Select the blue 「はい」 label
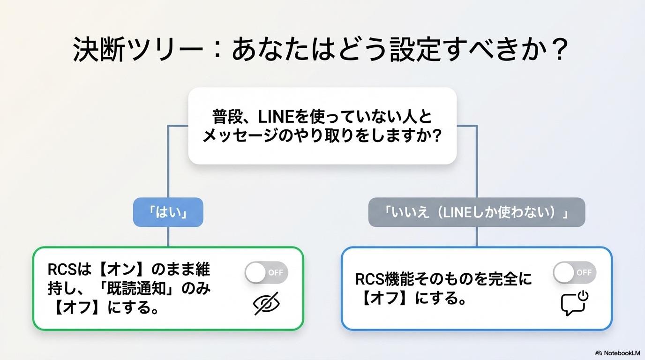pos(168,212)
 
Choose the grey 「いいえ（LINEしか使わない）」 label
pos(476,212)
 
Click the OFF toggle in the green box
pos(266,272)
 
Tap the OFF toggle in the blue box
pos(574,272)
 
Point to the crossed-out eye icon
pos(266,304)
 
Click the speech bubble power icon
pos(574,303)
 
